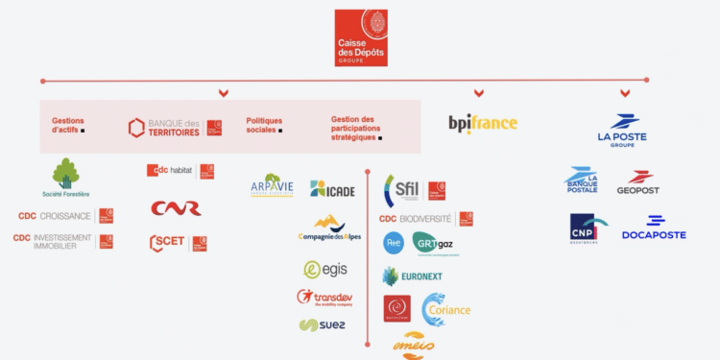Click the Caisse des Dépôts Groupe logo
tap(361, 37)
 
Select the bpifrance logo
tap(483, 123)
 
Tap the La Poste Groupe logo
tap(622, 130)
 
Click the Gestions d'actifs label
tap(68, 125)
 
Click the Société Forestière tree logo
tap(65, 177)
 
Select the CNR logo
tap(176, 208)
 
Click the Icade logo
tap(332, 189)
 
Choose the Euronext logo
tap(412, 276)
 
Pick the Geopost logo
tap(638, 183)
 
